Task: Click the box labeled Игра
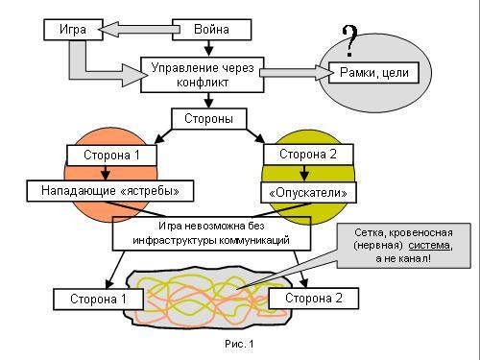click(73, 30)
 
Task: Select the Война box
click(212, 30)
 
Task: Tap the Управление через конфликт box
click(203, 75)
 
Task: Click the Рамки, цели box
click(373, 73)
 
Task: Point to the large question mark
click(349, 41)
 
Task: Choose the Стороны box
click(209, 119)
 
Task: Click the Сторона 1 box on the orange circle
click(111, 156)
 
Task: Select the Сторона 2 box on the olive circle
click(308, 155)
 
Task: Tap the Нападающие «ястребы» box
click(110, 191)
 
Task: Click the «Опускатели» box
click(308, 193)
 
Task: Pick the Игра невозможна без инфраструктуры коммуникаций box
click(211, 233)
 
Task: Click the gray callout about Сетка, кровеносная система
click(404, 246)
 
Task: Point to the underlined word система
click(429, 246)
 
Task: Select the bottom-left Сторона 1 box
click(98, 300)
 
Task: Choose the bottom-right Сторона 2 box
click(314, 299)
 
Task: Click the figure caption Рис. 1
click(239, 344)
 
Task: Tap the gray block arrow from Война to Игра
click(139, 30)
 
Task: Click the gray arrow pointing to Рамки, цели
click(297, 73)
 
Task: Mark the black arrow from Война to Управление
click(208, 48)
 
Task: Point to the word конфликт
click(203, 83)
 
